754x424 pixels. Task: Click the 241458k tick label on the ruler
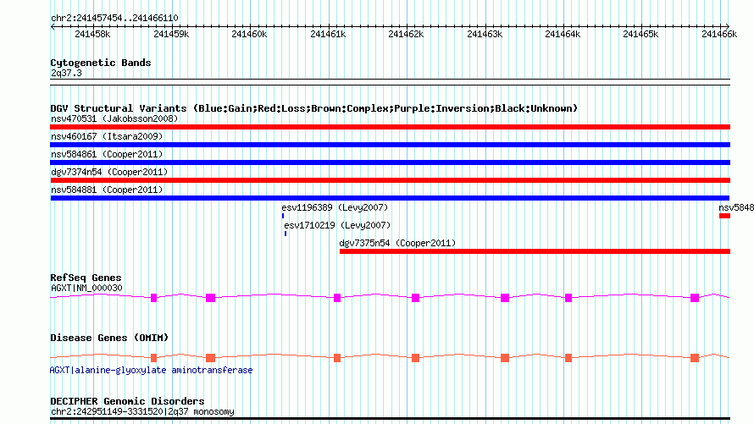click(x=91, y=34)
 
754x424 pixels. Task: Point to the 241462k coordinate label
click(x=405, y=34)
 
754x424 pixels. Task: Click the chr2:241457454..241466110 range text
click(x=114, y=17)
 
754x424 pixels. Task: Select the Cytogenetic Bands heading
click(x=101, y=63)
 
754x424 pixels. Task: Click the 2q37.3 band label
click(x=66, y=74)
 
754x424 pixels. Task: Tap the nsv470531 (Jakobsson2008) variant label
click(x=114, y=118)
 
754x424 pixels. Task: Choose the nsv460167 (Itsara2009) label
click(x=107, y=136)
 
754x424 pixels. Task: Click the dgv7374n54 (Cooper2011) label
click(x=109, y=172)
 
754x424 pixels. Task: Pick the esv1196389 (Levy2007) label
click(x=335, y=207)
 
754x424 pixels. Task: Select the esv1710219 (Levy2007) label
click(x=337, y=225)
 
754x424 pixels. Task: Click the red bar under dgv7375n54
click(x=534, y=251)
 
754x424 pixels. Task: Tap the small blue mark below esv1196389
click(x=283, y=216)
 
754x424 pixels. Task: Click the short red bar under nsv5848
click(x=724, y=216)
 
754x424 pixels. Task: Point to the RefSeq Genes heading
click(x=86, y=278)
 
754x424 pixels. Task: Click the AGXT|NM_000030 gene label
click(x=86, y=288)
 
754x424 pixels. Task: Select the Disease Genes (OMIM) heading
click(x=109, y=338)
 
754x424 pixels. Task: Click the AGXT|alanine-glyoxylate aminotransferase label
click(x=151, y=370)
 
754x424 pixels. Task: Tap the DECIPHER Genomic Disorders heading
click(x=127, y=401)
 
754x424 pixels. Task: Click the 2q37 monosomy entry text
click(x=206, y=412)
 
